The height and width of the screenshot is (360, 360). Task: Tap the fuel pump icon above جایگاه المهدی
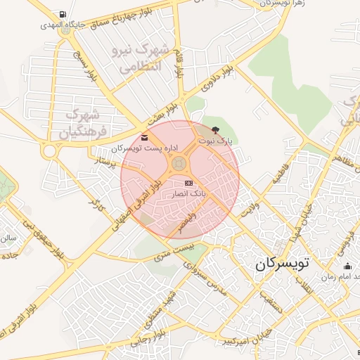65,15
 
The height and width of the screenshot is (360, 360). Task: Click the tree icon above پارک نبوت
214,130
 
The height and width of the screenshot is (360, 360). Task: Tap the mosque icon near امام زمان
347,266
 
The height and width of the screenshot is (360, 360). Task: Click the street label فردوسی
345,243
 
